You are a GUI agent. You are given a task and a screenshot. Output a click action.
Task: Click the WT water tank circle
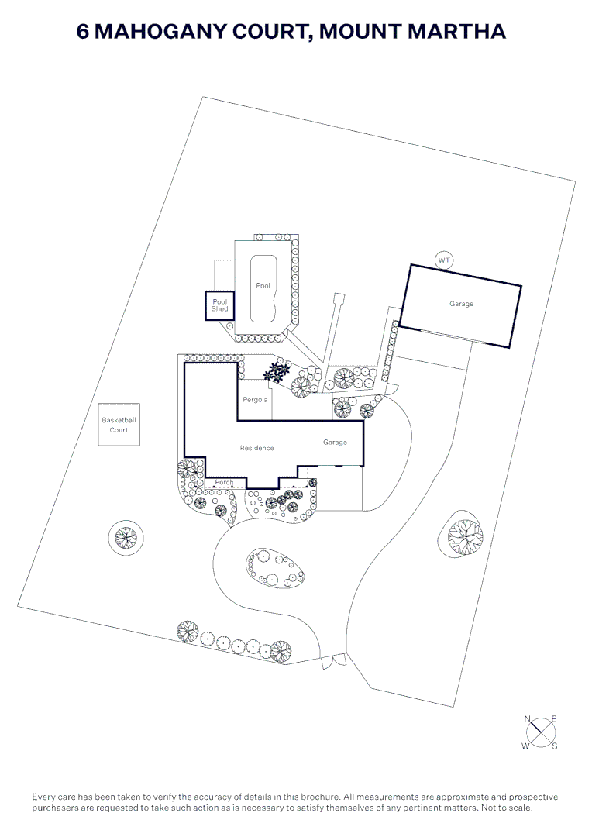443,260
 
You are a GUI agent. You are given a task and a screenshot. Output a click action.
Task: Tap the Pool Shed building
220,305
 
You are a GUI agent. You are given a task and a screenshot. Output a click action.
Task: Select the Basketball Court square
119,425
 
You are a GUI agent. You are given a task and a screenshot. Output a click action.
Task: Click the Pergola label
255,399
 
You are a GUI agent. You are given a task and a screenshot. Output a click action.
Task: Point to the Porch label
224,483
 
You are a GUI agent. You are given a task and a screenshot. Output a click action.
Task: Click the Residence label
256,448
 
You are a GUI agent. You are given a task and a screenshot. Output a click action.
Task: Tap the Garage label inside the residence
336,442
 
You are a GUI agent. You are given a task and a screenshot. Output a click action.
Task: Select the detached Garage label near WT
461,304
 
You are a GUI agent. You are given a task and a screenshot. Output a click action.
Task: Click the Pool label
263,285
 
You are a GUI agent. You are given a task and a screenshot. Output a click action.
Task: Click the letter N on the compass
528,719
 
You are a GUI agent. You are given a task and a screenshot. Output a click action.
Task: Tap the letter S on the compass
555,746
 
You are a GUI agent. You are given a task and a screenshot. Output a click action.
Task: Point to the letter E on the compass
554,719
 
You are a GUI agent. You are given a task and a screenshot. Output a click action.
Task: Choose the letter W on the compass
526,746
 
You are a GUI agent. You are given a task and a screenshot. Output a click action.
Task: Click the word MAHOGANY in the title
202,32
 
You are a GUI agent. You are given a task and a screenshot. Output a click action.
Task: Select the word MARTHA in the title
457,31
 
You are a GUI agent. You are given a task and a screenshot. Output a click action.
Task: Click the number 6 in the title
83,32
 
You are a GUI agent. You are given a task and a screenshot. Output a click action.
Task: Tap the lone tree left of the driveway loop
126,537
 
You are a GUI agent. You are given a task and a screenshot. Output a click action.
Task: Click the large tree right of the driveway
465,536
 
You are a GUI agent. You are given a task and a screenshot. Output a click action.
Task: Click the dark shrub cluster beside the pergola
277,370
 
